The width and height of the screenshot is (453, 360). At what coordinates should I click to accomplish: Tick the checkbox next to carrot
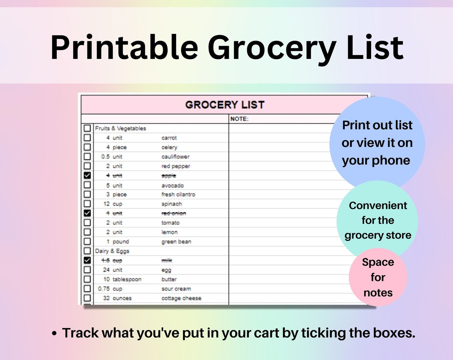click(87, 138)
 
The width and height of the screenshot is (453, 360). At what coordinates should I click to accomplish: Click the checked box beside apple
click(87, 175)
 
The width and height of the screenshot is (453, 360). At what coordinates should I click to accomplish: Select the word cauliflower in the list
click(175, 157)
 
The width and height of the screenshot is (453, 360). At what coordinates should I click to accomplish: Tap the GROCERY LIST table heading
click(225, 105)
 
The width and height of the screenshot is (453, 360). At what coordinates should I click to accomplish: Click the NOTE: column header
click(239, 119)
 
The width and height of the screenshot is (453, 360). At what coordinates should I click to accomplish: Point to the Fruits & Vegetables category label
click(120, 128)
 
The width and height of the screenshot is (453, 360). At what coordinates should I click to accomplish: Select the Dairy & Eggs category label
click(112, 251)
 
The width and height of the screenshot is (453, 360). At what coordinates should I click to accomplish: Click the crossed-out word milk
click(166, 261)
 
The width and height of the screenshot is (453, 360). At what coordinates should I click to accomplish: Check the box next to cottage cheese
click(87, 298)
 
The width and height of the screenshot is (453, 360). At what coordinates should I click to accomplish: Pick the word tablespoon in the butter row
click(127, 279)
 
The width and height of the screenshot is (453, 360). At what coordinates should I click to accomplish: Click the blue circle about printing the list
click(377, 143)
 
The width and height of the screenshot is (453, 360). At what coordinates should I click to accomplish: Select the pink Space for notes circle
click(378, 277)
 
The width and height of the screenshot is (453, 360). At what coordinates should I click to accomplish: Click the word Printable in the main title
click(124, 48)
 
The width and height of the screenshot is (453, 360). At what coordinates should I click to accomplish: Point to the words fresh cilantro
click(178, 195)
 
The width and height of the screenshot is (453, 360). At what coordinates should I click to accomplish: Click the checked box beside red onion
click(87, 213)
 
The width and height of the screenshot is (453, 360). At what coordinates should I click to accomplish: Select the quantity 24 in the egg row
click(106, 270)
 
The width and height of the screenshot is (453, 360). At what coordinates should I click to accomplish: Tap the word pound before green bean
click(121, 241)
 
